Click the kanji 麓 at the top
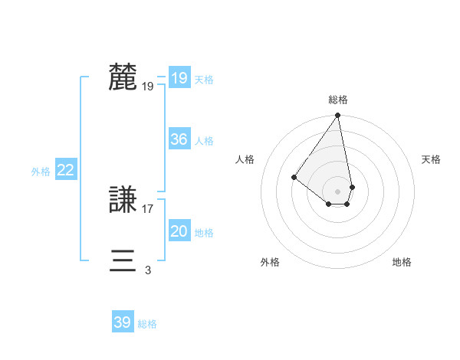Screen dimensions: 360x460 tap(123, 77)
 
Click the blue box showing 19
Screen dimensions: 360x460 tap(179, 78)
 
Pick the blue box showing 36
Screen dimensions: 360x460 tap(179, 139)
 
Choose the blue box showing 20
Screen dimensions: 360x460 tap(179, 231)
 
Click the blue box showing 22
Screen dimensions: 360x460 tap(65, 170)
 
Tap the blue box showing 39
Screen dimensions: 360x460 tap(122, 322)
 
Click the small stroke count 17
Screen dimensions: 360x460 tap(148, 208)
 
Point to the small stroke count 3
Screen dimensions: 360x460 tap(147, 270)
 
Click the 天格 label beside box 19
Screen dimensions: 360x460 tap(204, 80)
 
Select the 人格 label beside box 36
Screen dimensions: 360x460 tap(204, 141)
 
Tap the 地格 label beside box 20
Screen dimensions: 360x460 tap(204, 233)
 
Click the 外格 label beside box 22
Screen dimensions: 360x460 tap(41, 172)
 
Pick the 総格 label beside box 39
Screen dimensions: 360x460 tap(147, 324)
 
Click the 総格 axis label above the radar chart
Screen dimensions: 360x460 tap(338, 100)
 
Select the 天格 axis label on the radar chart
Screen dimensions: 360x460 tap(431, 159)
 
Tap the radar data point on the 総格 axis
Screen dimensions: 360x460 tap(338, 116)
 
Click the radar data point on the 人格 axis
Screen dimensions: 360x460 tap(294, 178)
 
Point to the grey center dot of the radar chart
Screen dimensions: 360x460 tap(338, 191)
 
